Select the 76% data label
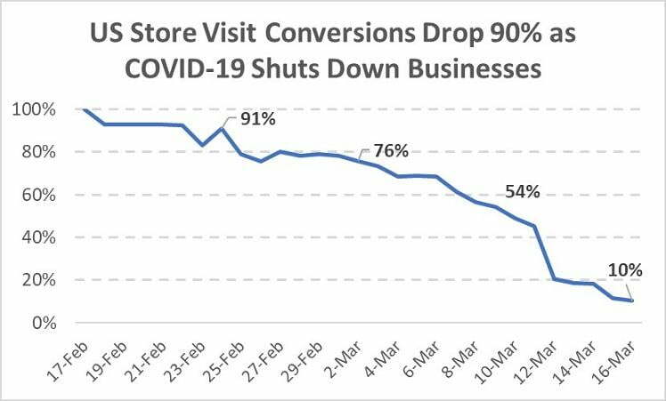point(391,150)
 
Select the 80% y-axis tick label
point(37,152)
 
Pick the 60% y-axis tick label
point(37,195)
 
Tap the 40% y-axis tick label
point(37,237)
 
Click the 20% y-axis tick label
point(37,280)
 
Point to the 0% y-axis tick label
point(42,323)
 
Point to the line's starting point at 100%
point(84,109)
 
